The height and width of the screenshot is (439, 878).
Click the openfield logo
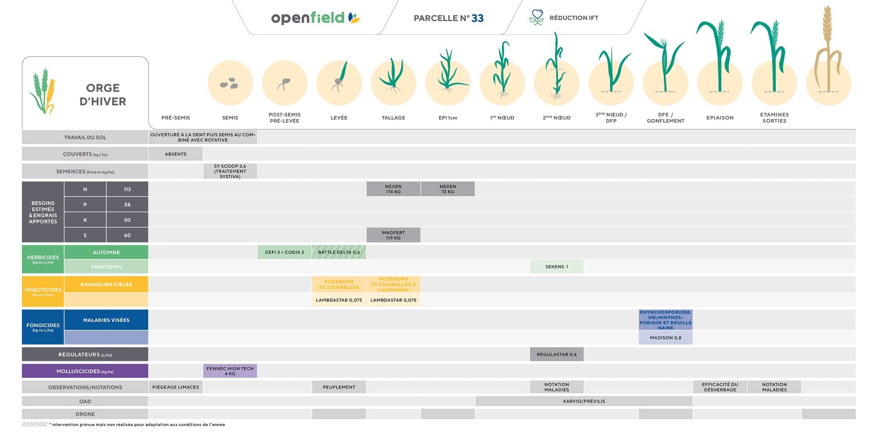pyautogui.click(x=315, y=18)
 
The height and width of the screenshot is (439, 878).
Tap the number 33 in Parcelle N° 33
pyautogui.click(x=477, y=18)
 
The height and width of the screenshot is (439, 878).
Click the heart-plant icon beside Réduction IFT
pyautogui.click(x=536, y=18)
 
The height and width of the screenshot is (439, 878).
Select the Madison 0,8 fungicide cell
pyautogui.click(x=666, y=338)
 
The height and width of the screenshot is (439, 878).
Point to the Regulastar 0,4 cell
pyautogui.click(x=557, y=354)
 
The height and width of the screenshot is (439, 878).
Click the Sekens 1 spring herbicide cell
pyautogui.click(x=557, y=266)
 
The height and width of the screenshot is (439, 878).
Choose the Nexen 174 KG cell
pyautogui.click(x=393, y=189)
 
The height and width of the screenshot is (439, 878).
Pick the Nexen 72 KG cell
pyautogui.click(x=448, y=189)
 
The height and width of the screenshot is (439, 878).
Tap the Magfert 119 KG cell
pyautogui.click(x=393, y=235)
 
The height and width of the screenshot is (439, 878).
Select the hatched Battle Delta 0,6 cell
pyautogui.click(x=339, y=252)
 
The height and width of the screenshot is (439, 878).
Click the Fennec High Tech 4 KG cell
pyautogui.click(x=230, y=371)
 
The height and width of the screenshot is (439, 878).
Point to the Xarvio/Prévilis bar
pyautogui.click(x=584, y=401)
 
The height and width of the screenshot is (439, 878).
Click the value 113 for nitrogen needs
pyautogui.click(x=127, y=189)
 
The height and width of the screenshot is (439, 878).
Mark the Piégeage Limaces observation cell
pyautogui.click(x=176, y=387)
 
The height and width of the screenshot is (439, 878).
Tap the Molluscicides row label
pyautogui.click(x=85, y=371)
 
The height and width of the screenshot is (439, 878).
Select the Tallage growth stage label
pyautogui.click(x=393, y=118)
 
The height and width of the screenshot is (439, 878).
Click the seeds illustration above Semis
pyautogui.click(x=230, y=83)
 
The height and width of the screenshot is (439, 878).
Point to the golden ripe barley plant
pyautogui.click(x=828, y=53)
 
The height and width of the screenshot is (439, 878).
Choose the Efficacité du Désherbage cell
pyautogui.click(x=720, y=387)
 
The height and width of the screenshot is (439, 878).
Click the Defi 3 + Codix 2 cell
pyautogui.click(x=284, y=252)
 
